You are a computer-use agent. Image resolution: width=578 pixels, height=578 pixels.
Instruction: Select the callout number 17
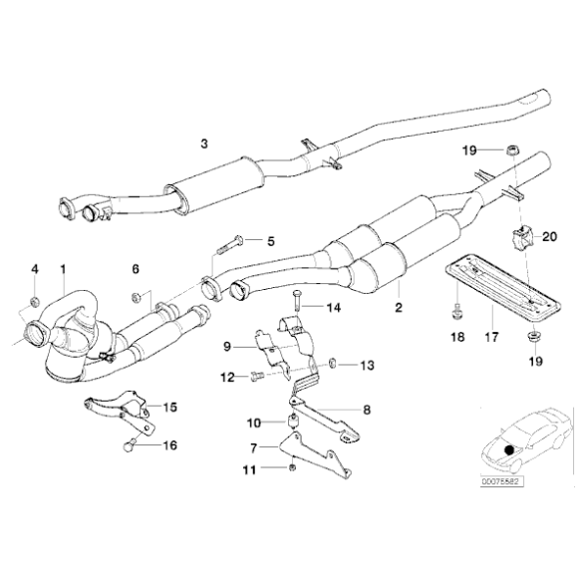tap(491, 338)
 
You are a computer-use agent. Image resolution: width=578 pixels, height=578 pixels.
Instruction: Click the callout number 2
tap(398, 309)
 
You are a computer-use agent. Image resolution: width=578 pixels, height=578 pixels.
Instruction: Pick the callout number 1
tap(63, 268)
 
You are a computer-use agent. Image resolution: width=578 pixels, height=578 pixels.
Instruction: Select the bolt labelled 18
tap(455, 306)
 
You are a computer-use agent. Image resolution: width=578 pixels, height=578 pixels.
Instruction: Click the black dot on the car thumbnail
tap(509, 450)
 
